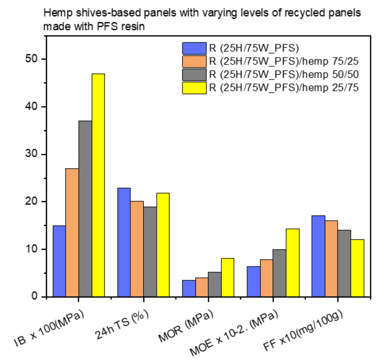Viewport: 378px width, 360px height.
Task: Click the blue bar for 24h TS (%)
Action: [124, 242]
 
